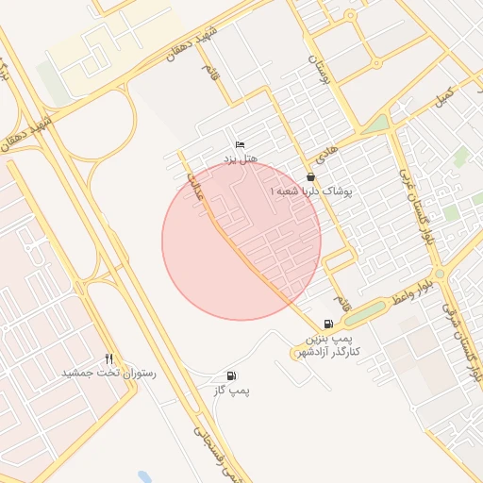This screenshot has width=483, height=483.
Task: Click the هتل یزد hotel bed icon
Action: click(x=240, y=144)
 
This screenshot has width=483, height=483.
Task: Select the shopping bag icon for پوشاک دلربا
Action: click(x=310, y=176)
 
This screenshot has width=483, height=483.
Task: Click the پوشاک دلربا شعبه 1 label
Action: click(x=310, y=191)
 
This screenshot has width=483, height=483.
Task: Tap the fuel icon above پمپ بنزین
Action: click(x=327, y=324)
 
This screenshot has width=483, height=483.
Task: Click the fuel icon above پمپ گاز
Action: click(x=232, y=376)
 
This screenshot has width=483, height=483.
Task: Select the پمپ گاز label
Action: click(x=232, y=390)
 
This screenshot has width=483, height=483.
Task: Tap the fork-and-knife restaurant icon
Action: click(x=109, y=358)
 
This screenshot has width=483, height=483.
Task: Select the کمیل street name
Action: click(x=442, y=96)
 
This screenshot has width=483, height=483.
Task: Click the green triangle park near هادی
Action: click(x=378, y=124)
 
